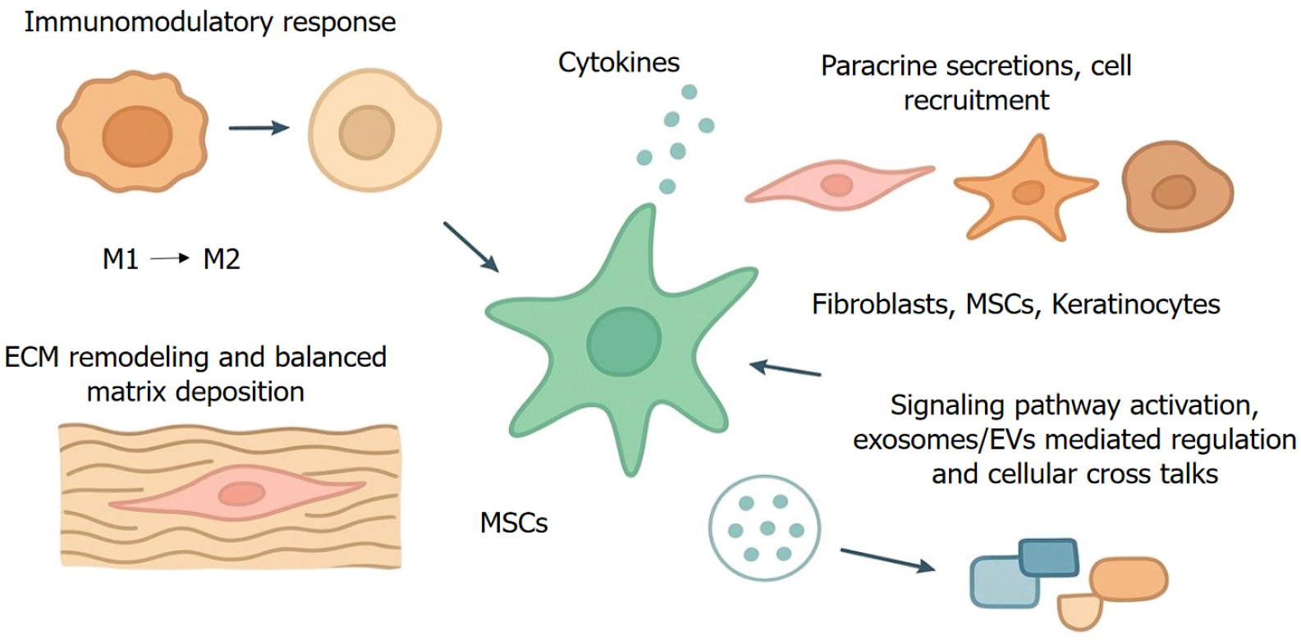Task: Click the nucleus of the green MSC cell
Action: point(624,340)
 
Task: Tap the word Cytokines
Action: point(619,63)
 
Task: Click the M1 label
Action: point(120,259)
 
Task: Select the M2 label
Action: point(221,259)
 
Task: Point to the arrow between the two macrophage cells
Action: point(259,127)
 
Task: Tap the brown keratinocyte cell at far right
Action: point(1175,189)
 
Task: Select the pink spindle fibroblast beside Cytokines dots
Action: point(837,184)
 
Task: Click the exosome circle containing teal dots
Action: point(764,528)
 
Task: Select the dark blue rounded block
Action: point(1048,557)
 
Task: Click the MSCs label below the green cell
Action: point(514,523)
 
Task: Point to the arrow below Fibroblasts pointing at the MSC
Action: point(786,368)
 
